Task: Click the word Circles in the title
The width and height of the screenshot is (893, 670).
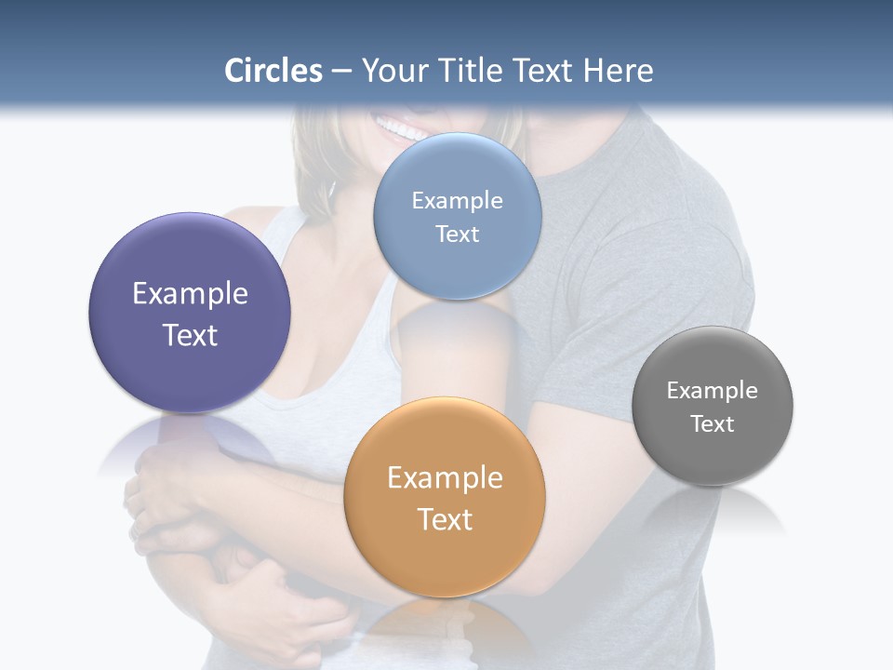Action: point(273,71)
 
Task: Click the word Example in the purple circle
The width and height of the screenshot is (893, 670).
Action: point(190,294)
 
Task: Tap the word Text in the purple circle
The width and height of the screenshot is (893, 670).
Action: point(190,335)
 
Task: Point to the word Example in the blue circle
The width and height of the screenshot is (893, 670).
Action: point(458,201)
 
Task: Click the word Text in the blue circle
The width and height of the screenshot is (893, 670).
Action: point(458,234)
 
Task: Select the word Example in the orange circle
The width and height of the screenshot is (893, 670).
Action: point(445,478)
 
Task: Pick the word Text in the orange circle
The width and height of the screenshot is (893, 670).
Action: point(445,519)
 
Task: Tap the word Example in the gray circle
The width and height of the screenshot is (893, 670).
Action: point(713,391)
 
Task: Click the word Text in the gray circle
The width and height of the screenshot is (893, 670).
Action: point(713,424)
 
